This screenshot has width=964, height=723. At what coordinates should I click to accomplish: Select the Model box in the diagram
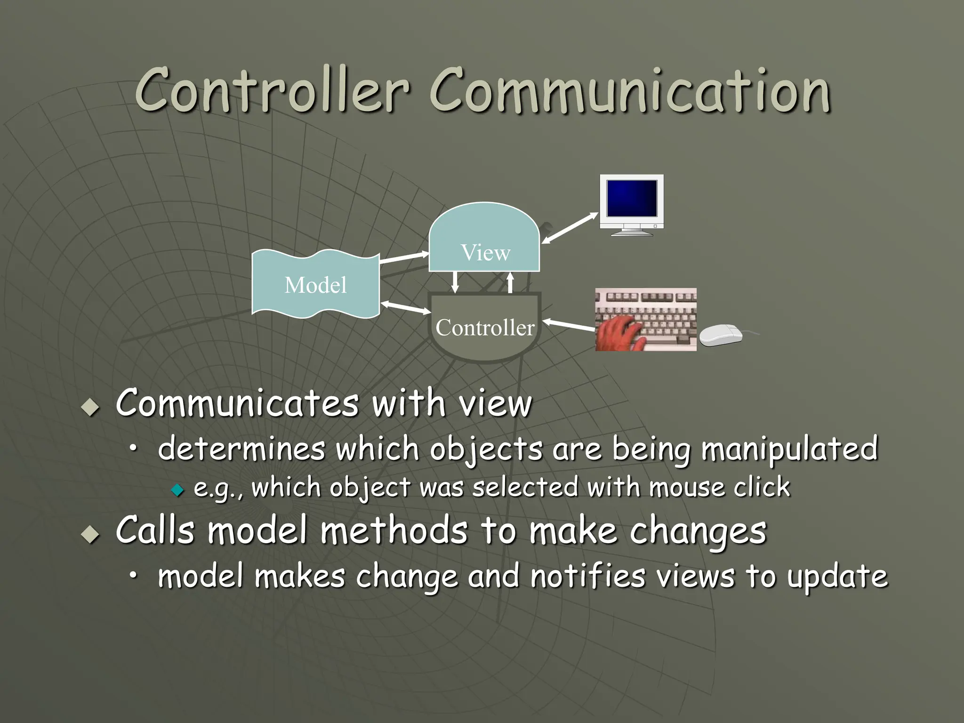point(315,284)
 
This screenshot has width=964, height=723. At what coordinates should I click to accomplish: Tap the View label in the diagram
point(485,252)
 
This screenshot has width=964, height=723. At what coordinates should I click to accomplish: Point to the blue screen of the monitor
point(632,198)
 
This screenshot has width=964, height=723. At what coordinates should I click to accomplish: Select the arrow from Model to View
point(404,257)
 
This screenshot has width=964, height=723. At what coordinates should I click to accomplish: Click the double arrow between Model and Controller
point(406,308)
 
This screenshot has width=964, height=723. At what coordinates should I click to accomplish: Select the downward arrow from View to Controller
point(455,281)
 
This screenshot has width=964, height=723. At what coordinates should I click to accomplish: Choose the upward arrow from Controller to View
point(510,282)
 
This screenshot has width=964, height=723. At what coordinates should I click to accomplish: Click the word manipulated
point(789,449)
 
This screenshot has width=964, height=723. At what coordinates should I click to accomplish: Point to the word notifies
point(587,576)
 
